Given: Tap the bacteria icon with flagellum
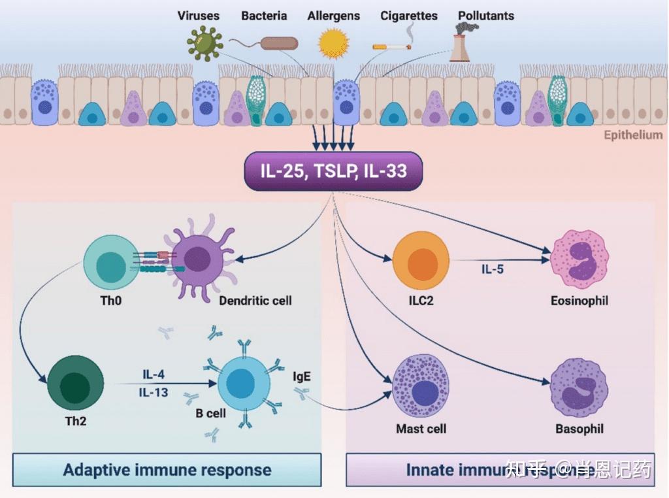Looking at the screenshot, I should pyautogui.click(x=279, y=44).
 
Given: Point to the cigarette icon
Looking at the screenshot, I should pyautogui.click(x=391, y=46).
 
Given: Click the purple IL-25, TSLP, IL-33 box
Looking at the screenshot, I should pyautogui.click(x=333, y=172).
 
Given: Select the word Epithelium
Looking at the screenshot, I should pyautogui.click(x=632, y=135).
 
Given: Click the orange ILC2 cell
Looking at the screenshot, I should pyautogui.click(x=421, y=259).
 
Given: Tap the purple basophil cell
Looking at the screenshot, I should pyautogui.click(x=579, y=388).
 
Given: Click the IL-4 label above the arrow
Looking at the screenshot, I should pyautogui.click(x=154, y=374).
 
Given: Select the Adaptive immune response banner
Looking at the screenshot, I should pyautogui.click(x=167, y=470).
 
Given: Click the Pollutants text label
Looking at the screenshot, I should pyautogui.click(x=485, y=16).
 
